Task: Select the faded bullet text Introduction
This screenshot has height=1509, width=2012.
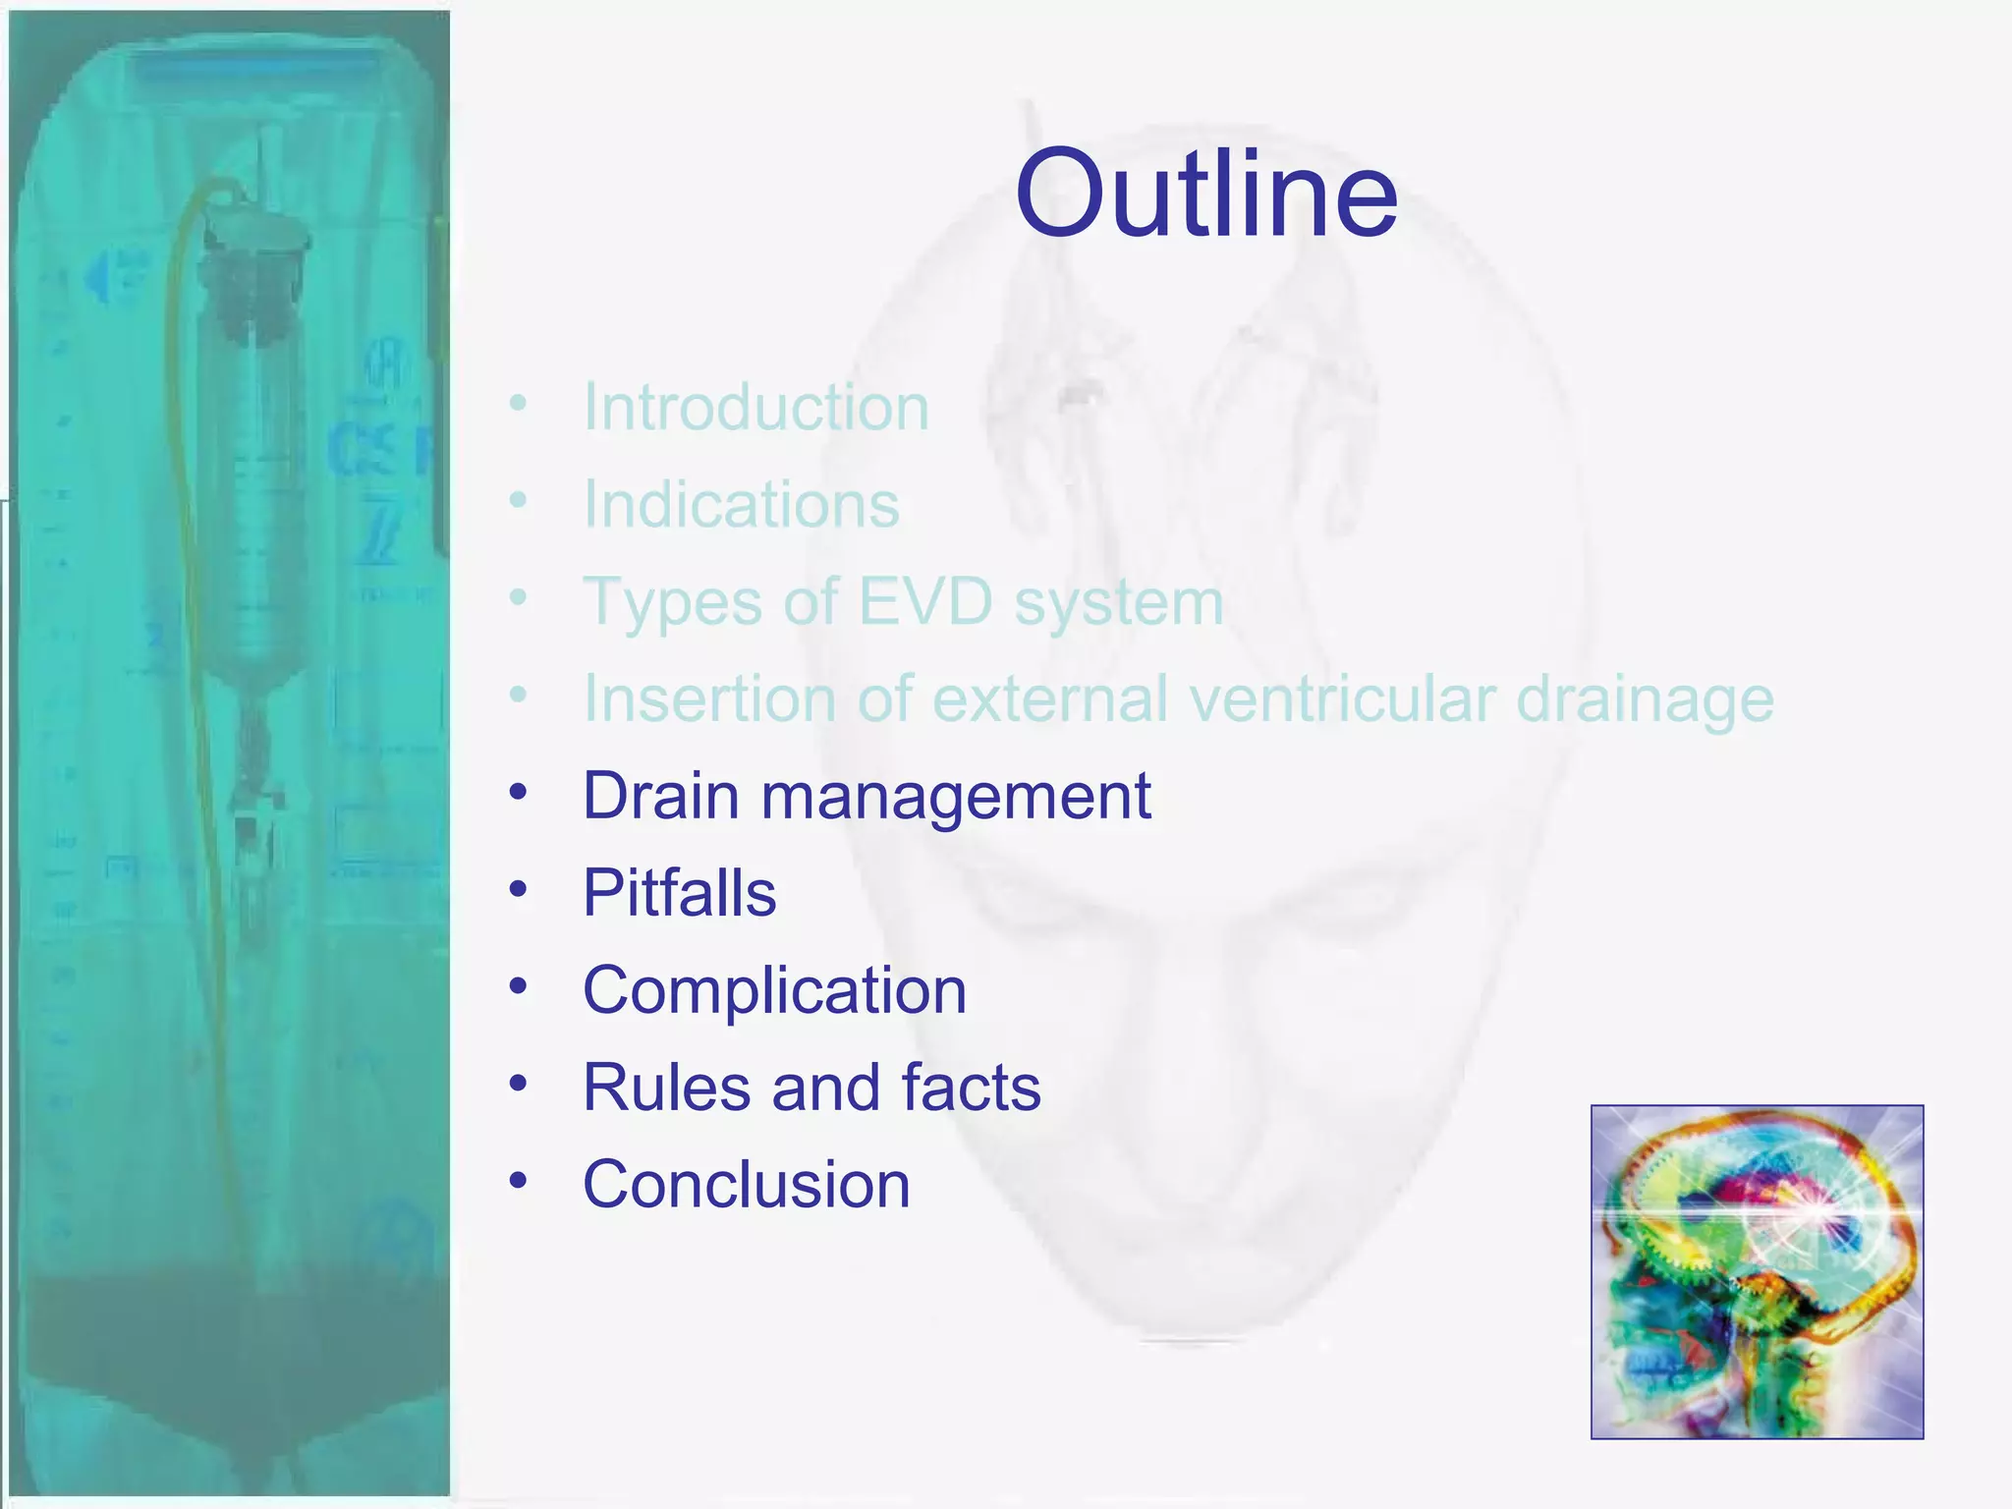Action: click(x=755, y=407)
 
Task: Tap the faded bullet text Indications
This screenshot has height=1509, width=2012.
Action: click(x=741, y=504)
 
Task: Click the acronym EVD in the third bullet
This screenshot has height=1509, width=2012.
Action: click(x=924, y=601)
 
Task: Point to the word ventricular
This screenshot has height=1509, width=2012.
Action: click(x=1342, y=699)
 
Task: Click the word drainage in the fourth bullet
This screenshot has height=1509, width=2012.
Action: click(x=1645, y=700)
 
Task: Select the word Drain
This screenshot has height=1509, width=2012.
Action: click(x=660, y=795)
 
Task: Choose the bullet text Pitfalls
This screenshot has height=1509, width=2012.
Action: click(x=679, y=893)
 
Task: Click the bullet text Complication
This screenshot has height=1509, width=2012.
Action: click(x=774, y=989)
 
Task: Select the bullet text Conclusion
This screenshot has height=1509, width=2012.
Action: click(x=746, y=1184)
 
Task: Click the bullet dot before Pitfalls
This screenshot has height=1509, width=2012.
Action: click(x=518, y=890)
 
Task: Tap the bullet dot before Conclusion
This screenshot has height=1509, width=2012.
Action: click(x=518, y=1181)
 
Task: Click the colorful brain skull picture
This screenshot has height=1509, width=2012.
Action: click(x=1757, y=1271)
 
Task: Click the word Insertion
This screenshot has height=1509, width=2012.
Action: click(x=707, y=699)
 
